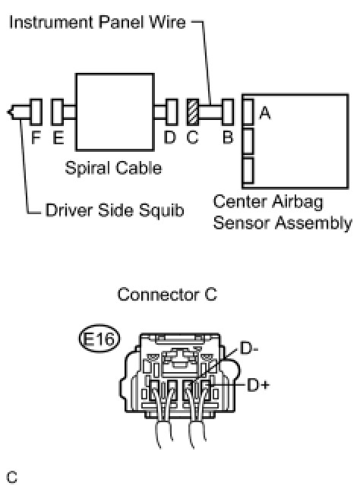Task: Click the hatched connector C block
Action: coord(193,112)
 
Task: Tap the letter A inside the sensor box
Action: coord(265,112)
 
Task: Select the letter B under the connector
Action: coord(228,137)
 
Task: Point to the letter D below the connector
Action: coord(170,137)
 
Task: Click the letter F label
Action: coord(36,137)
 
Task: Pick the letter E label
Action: coord(58,137)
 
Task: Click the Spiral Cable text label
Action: coord(113,168)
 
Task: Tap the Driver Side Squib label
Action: coord(115,210)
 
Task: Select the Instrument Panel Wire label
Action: coord(97,22)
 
